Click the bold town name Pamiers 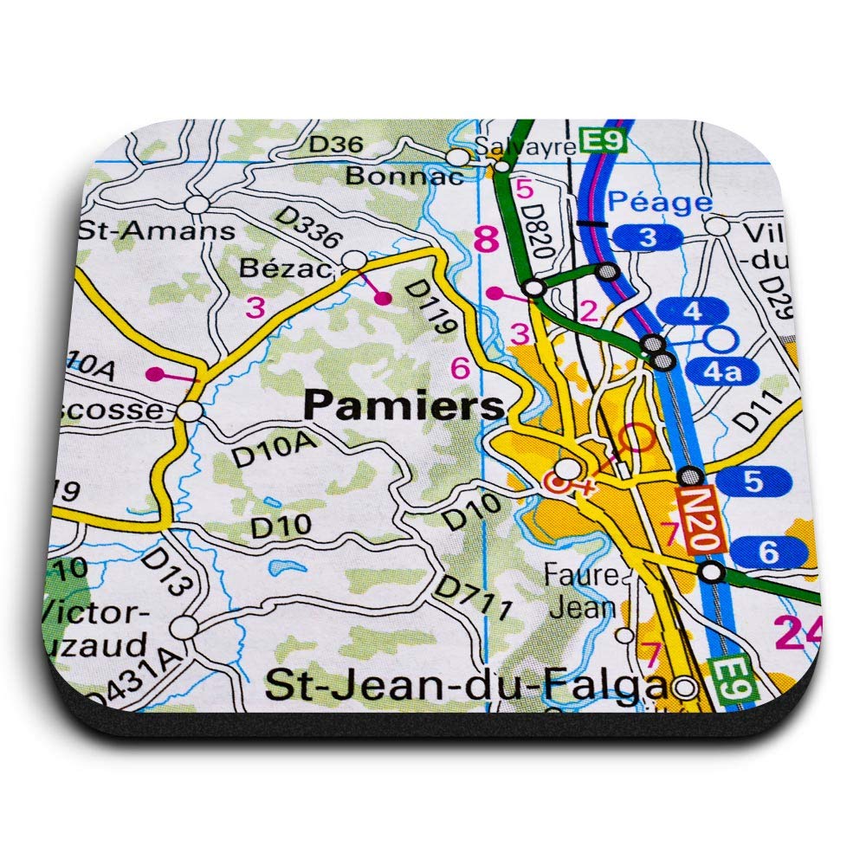point(404,404)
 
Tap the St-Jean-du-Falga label point(468,686)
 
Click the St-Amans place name point(156,231)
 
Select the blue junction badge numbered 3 point(648,236)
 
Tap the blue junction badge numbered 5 point(753,478)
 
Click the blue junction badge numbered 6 point(769,550)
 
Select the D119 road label point(430,305)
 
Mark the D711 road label point(473,598)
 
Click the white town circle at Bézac point(354,260)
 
